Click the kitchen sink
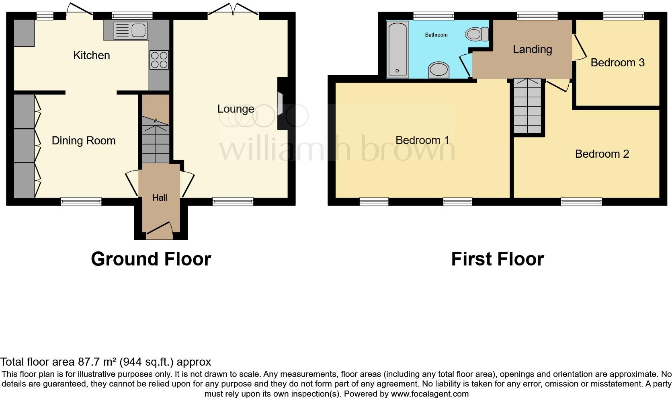130,30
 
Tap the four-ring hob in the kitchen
159,60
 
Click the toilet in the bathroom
476,34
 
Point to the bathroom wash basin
438,70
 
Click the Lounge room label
236,109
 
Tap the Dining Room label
84,140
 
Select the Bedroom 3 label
617,62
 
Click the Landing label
532,49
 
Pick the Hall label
160,197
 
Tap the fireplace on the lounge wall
281,104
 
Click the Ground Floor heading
151,259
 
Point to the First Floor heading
497,259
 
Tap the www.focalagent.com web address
430,394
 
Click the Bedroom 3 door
578,48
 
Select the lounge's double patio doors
234,10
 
